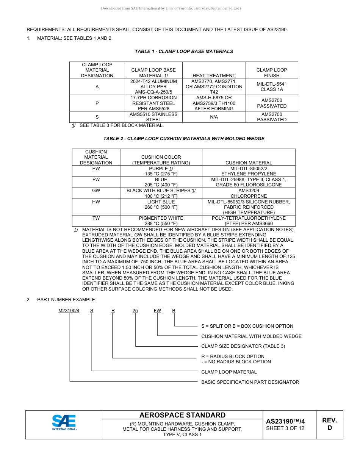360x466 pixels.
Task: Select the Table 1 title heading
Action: pyautogui.click(x=184, y=52)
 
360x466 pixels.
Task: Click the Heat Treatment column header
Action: pyautogui.click(x=214, y=75)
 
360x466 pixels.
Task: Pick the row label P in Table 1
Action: pyautogui.click(x=97, y=103)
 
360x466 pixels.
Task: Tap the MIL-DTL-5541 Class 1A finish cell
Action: pyautogui.click(x=271, y=87)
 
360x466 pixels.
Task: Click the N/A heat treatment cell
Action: pyautogui.click(x=214, y=117)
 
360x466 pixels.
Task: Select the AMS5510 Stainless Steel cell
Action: pyautogui.click(x=153, y=117)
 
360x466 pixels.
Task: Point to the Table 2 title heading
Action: pyautogui.click(x=184, y=139)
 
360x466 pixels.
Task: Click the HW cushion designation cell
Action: pyautogui.click(x=96, y=202)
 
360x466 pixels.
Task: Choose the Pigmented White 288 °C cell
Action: pyautogui.click(x=161, y=221)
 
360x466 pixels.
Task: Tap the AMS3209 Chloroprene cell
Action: pyautogui.click(x=249, y=193)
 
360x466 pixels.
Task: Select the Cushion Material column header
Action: pyautogui.click(x=249, y=163)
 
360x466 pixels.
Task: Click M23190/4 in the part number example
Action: pyautogui.click(x=69, y=311)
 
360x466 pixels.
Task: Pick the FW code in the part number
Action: pyautogui.click(x=157, y=311)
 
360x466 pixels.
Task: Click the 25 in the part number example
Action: pyautogui.click(x=135, y=311)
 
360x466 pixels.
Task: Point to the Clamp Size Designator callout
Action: pyautogui.click(x=243, y=346)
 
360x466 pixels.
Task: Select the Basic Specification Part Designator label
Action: pyautogui.click(x=250, y=382)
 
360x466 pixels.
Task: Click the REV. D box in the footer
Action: pyautogui.click(x=329, y=424)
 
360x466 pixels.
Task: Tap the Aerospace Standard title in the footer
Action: pyautogui.click(x=182, y=415)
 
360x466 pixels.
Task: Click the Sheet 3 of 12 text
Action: pyautogui.click(x=285, y=428)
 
